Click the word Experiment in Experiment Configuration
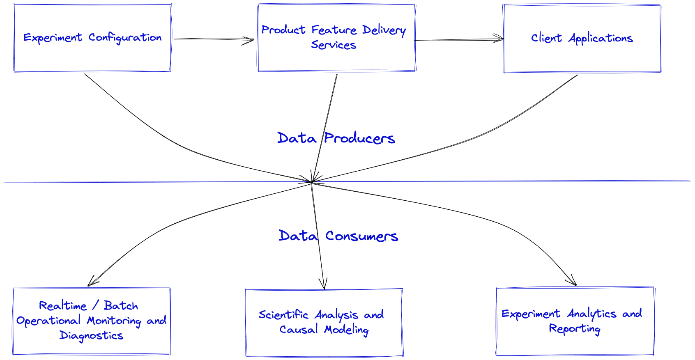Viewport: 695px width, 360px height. click(53, 38)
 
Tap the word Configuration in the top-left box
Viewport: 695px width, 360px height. click(125, 38)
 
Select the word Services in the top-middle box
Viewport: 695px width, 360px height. click(333, 45)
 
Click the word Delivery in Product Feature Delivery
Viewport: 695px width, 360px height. click(384, 30)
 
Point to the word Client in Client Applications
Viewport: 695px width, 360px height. click(546, 38)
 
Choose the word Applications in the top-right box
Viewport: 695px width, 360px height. click(601, 39)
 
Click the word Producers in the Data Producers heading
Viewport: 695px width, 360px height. click(359, 138)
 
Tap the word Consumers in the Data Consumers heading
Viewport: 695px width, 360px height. click(361, 236)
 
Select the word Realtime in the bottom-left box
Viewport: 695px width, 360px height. click(63, 306)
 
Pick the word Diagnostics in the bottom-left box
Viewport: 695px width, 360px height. click(91, 336)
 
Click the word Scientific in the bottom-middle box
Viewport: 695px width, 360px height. click(283, 315)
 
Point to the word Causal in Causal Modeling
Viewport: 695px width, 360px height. click(298, 330)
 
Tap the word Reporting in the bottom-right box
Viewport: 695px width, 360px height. click(574, 329)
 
